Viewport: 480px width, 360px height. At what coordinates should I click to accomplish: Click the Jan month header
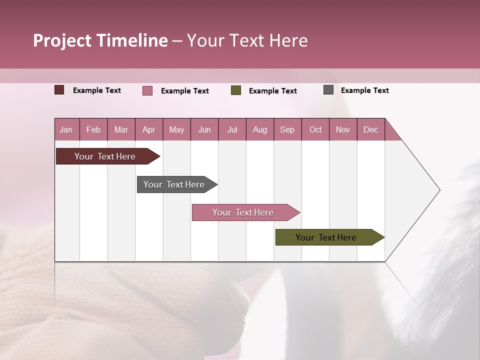point(66,129)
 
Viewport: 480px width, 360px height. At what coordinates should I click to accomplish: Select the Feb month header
point(93,129)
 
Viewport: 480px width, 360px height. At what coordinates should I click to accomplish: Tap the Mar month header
point(121,129)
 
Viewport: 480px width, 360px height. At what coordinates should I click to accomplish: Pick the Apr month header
point(149,129)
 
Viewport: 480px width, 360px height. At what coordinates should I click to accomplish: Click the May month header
point(176,129)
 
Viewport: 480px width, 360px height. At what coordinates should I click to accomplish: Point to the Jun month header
point(204,129)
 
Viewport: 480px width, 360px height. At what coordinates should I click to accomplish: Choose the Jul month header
point(232,129)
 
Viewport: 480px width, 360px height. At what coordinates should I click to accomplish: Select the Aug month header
point(260,129)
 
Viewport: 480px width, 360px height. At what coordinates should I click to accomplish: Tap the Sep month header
point(287,129)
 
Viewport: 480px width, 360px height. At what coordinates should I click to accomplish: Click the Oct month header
point(315,129)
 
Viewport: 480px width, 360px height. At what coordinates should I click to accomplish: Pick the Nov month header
point(343,129)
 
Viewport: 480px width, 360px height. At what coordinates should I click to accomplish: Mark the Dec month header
point(371,129)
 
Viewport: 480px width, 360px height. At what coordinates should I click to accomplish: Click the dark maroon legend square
point(59,90)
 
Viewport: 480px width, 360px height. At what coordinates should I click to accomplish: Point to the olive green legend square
point(236,90)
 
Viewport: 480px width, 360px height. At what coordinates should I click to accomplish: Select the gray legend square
point(328,90)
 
